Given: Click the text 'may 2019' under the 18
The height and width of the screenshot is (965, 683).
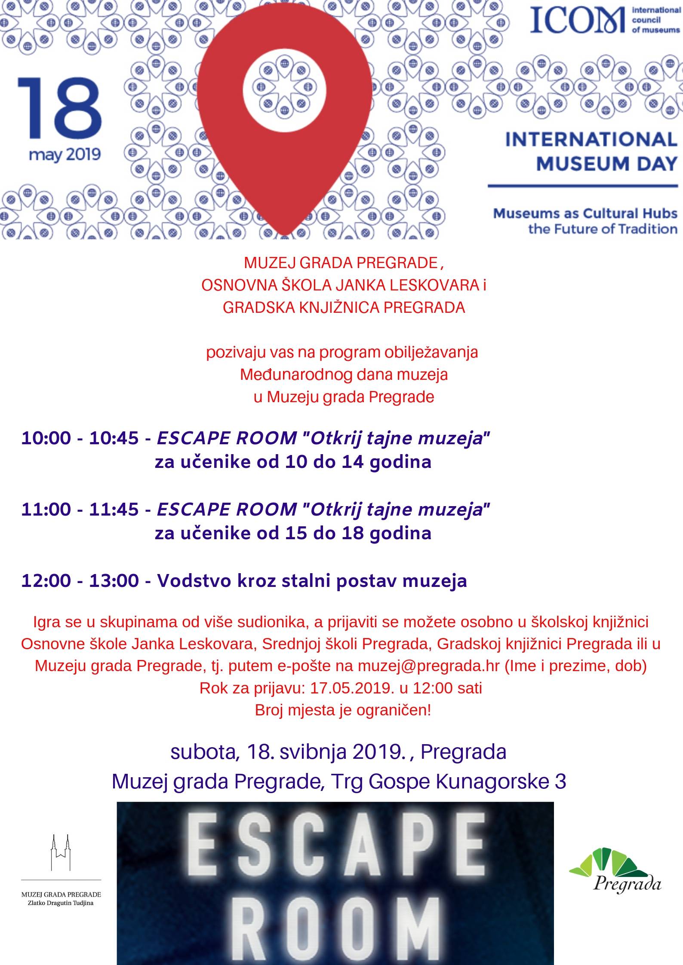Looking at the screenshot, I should pyautogui.click(x=65, y=154).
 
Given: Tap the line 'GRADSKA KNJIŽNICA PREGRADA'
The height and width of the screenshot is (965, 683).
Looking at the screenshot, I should pyautogui.click(x=344, y=308).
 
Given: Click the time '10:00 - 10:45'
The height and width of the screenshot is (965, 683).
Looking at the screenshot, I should pyautogui.click(x=80, y=439).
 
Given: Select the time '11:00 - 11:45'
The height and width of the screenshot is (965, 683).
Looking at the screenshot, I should pyautogui.click(x=80, y=510).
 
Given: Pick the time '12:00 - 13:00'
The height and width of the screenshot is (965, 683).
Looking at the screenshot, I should pyautogui.click(x=80, y=581).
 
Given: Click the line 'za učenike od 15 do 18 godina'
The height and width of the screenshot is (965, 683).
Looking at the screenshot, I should pyautogui.click(x=293, y=533).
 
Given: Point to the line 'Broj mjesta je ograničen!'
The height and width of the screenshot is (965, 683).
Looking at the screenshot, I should pyautogui.click(x=343, y=710).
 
